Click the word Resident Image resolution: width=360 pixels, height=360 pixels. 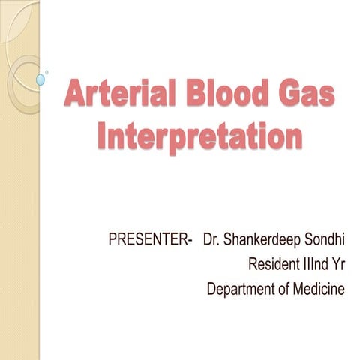[274, 265]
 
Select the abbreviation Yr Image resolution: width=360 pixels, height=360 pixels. [337, 265]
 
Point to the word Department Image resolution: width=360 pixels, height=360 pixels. [241, 289]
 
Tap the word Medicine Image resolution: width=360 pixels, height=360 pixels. [319, 289]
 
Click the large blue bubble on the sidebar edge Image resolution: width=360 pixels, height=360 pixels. [40, 79]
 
